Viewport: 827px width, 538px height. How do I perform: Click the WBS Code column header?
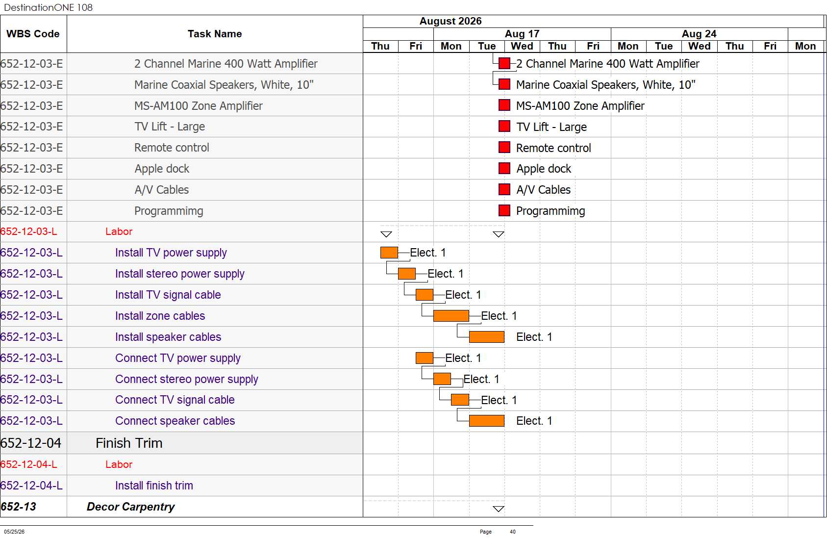pyautogui.click(x=33, y=34)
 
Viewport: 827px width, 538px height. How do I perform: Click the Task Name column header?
pyautogui.click(x=215, y=34)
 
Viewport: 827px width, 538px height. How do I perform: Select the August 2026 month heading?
pyautogui.click(x=450, y=21)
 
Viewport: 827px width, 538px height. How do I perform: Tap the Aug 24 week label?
pyautogui.click(x=699, y=34)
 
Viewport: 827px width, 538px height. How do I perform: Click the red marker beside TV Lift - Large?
pyautogui.click(x=504, y=126)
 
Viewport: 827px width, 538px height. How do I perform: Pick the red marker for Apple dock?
pyautogui.click(x=504, y=168)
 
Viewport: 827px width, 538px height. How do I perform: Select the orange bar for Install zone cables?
pyautogui.click(x=451, y=316)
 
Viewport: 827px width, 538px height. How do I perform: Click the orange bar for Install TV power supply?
pyautogui.click(x=389, y=253)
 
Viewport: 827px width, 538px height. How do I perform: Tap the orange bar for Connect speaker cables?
pyautogui.click(x=487, y=421)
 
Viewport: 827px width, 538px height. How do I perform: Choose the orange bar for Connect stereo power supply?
pyautogui.click(x=442, y=379)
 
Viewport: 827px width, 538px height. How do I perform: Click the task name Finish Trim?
pyautogui.click(x=129, y=443)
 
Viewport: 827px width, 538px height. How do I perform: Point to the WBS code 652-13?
pyautogui.click(x=19, y=507)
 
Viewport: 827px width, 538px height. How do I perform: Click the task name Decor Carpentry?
pyautogui.click(x=131, y=507)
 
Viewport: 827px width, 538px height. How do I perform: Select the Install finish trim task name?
pyautogui.click(x=154, y=486)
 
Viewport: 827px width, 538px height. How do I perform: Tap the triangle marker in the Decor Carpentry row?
pyautogui.click(x=499, y=509)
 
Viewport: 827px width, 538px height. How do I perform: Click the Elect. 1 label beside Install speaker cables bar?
pyautogui.click(x=534, y=337)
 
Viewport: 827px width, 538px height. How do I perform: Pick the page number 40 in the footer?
pyautogui.click(x=512, y=532)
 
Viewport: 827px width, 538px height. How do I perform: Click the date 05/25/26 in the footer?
pyautogui.click(x=14, y=532)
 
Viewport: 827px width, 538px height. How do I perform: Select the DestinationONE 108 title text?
pyautogui.click(x=48, y=7)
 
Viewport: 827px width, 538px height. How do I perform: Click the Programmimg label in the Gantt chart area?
pyautogui.click(x=551, y=211)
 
